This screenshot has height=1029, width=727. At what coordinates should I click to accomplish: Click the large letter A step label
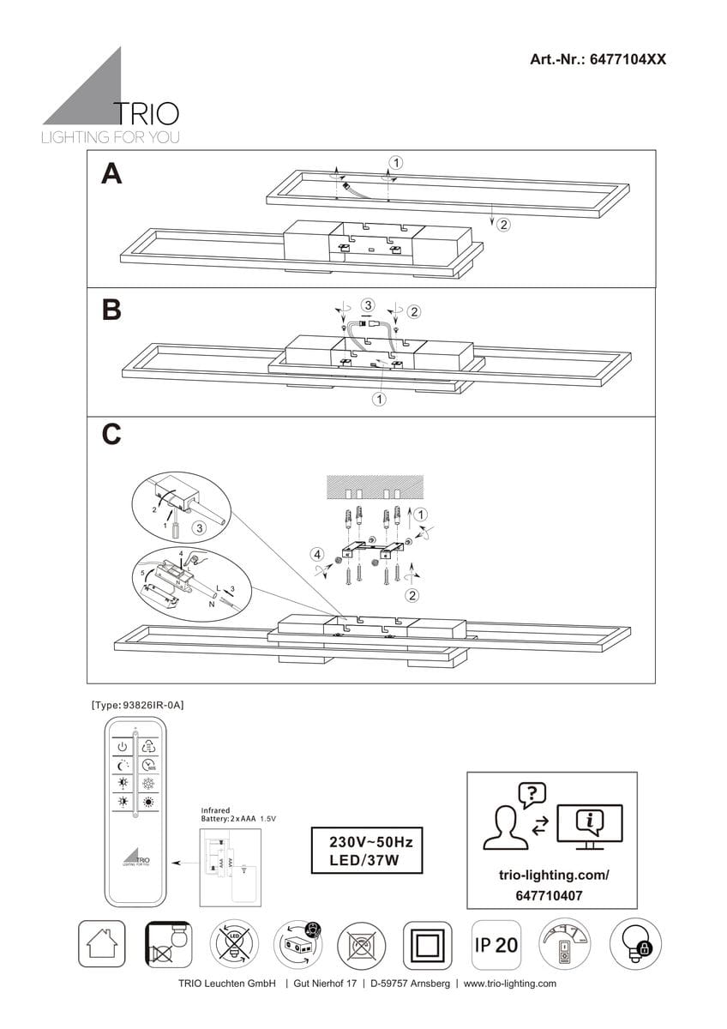[x=111, y=174]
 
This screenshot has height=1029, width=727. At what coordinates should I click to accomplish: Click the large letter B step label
[x=111, y=310]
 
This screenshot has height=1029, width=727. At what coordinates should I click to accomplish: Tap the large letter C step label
[x=111, y=436]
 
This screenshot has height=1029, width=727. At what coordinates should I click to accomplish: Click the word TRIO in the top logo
[x=147, y=115]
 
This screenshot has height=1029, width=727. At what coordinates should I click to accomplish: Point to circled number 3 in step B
[x=367, y=304]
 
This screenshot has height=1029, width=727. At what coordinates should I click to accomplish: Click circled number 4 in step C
[x=317, y=554]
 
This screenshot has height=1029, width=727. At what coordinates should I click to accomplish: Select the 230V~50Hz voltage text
[x=366, y=843]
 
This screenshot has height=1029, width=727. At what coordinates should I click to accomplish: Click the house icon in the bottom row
[x=102, y=945]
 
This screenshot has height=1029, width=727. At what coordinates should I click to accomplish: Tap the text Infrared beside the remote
[x=215, y=809]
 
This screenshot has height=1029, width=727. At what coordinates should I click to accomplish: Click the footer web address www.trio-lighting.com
[x=510, y=984]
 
